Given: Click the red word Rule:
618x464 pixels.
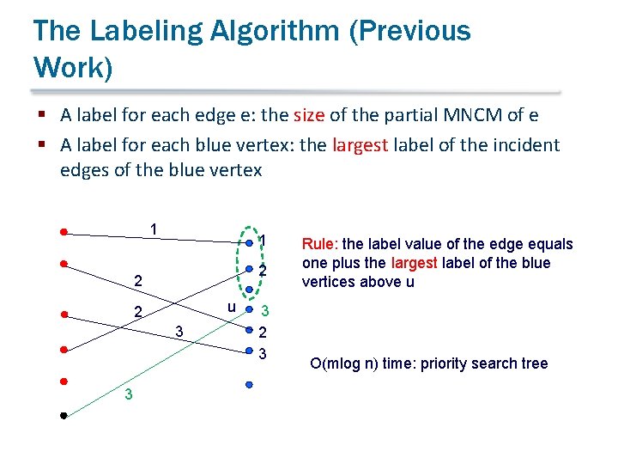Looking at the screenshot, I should pos(320,244).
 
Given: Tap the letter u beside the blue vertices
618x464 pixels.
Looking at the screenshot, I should pos(232,307).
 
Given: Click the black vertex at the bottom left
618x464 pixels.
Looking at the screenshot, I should pos(64,416).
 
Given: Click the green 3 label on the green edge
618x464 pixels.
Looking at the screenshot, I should pos(128,394).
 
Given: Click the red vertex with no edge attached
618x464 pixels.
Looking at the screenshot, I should pos(64,381).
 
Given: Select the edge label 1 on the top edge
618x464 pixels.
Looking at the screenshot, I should pos(152,229).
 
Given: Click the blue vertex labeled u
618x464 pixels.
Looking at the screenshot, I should pos(249,308).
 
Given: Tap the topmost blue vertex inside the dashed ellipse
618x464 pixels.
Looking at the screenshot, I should pos(249,243).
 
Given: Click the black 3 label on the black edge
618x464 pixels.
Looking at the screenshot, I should pos(179,331).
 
